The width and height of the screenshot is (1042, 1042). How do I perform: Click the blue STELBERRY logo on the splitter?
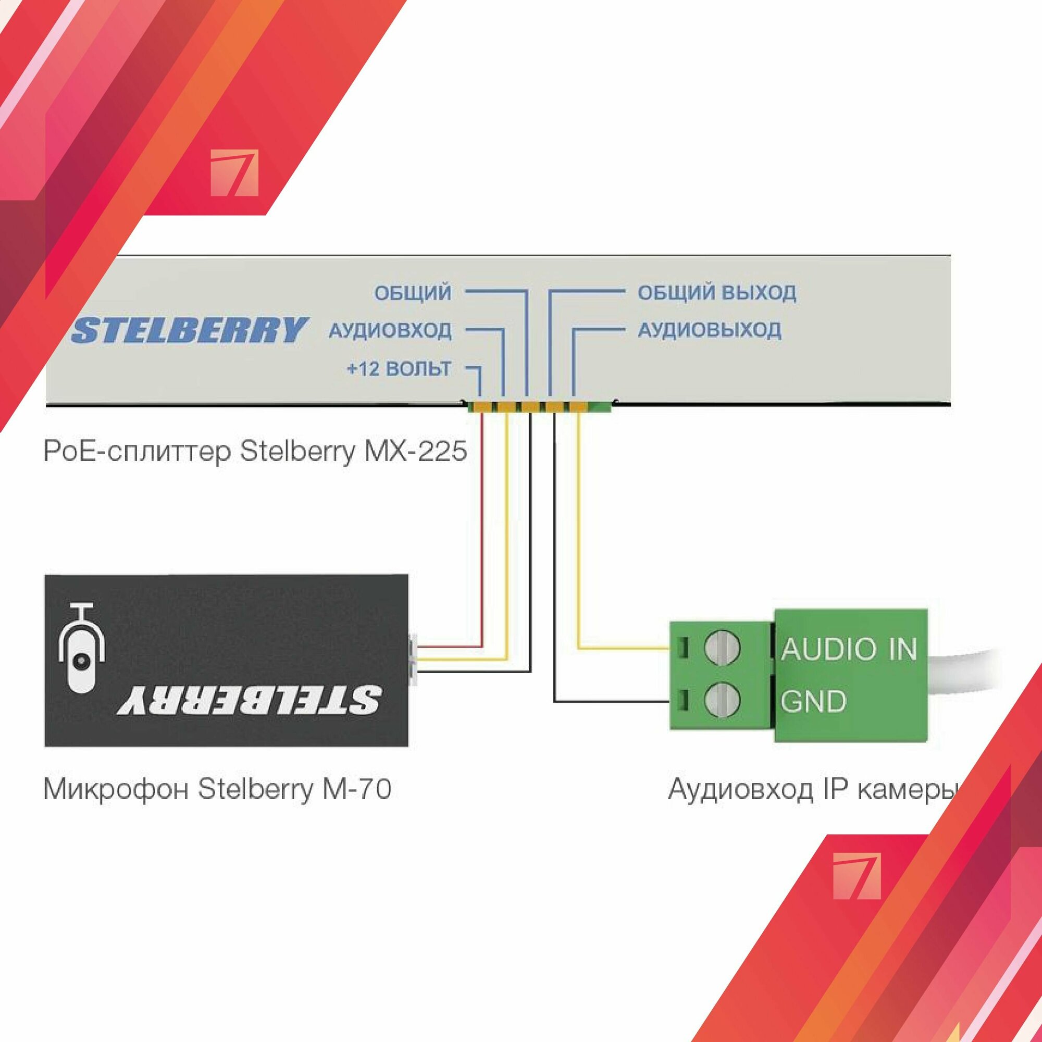coord(190,330)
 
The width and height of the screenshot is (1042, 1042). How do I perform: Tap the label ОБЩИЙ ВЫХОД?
coord(717,293)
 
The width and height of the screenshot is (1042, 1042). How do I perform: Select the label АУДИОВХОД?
coord(390,330)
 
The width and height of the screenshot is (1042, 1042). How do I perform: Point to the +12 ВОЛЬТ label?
coord(399,369)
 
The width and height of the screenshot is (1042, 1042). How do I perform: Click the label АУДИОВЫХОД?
coord(709,330)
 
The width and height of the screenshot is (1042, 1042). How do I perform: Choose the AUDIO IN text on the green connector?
coord(848,649)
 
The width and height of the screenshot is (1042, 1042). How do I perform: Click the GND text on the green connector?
coord(813,701)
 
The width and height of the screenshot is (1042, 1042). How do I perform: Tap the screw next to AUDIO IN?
coord(722,648)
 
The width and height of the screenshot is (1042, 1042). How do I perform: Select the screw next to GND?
coord(722,700)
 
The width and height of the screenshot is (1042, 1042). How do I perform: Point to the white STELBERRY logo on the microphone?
coord(250,700)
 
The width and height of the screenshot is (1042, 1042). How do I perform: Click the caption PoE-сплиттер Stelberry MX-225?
coord(255,451)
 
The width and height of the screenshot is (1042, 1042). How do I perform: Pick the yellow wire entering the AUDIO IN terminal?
coord(620,648)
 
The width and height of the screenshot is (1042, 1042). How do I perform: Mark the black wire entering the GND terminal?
coord(610,702)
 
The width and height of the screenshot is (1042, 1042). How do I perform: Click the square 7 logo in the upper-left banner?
coord(234,173)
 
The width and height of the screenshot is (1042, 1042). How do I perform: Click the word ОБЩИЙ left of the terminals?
coord(413,293)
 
